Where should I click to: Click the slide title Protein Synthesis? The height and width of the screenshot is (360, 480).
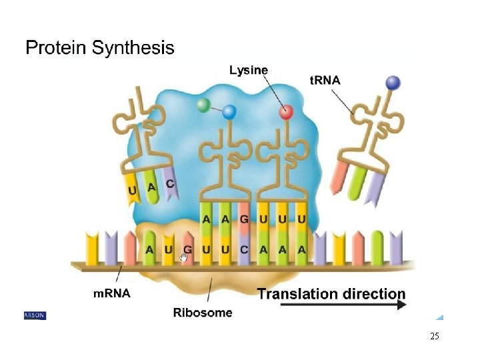pos(100,48)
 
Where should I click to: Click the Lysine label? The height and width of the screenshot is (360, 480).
pos(249,69)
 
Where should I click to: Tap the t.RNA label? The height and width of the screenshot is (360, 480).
pos(325,80)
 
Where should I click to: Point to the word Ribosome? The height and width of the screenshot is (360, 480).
pos(203,312)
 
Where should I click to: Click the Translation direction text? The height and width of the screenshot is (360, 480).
pos(331,293)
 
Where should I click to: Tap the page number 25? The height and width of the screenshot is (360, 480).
pos(435,336)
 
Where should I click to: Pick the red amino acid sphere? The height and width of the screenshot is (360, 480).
pos(286,112)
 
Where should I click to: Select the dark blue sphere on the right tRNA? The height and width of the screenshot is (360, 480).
pos(393,83)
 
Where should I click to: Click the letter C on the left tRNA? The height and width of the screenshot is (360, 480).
pos(170,183)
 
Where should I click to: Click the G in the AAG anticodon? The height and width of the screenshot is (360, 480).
pos(244,219)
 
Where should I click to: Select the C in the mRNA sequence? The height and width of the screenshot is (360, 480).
pos(244,249)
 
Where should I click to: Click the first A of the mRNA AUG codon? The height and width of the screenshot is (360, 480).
pos(150,249)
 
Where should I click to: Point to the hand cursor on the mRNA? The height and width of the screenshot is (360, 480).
pos(185,258)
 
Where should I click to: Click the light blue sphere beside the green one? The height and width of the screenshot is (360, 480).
pos(229,111)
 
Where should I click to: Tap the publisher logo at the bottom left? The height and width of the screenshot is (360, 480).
pos(34,315)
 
